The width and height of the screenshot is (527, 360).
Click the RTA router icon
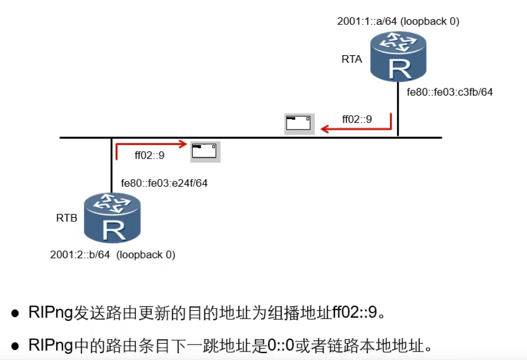pyautogui.click(x=398, y=56)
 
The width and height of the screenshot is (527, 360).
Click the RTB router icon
pyautogui.click(x=113, y=218)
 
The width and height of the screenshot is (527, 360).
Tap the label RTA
pyautogui.click(x=351, y=59)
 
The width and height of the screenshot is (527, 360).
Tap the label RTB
pyautogui.click(x=67, y=218)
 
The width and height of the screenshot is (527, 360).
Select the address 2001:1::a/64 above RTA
pyautogui.click(x=366, y=22)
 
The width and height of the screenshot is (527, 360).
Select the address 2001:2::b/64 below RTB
pyautogui.click(x=80, y=255)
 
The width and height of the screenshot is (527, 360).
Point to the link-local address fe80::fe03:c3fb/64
pyautogui.click(x=450, y=92)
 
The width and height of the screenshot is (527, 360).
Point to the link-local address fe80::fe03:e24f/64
pyautogui.click(x=164, y=184)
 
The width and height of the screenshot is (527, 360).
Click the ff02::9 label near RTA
pyautogui.click(x=357, y=119)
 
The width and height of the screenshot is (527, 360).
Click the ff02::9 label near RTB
pyautogui.click(x=149, y=156)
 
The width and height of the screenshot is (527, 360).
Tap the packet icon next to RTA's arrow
pyautogui.click(x=299, y=124)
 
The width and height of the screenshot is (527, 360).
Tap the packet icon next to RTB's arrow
pyautogui.click(x=205, y=151)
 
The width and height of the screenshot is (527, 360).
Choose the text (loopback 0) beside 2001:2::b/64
pyautogui.click(x=146, y=255)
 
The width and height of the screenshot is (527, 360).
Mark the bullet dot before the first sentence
pyautogui.click(x=16, y=313)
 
